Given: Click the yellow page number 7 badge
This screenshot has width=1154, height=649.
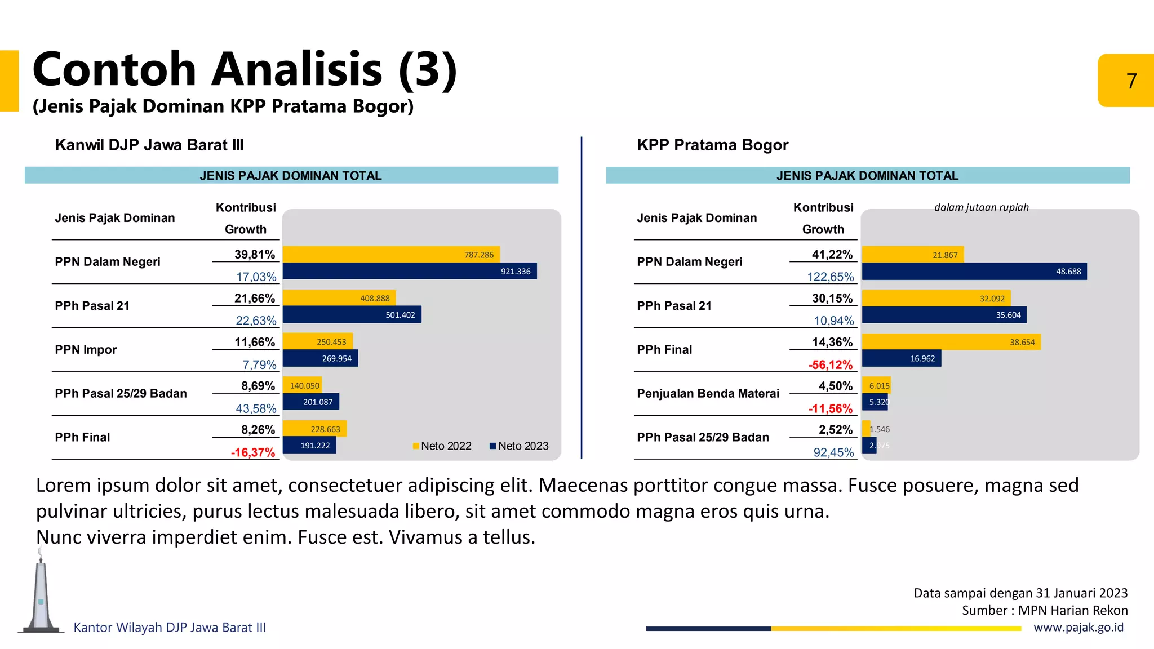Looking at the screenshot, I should pos(1126,81).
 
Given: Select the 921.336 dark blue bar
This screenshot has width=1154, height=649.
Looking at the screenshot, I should pos(409,271).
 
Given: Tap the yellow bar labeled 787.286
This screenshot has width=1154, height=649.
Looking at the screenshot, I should pos(391,255).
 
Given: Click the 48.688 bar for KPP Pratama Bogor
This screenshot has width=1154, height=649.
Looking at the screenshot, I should pos(974,271).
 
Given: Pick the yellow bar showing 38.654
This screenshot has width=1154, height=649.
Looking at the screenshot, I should pos(951,342).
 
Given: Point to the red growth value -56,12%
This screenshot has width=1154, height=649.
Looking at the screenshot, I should pos(831,364).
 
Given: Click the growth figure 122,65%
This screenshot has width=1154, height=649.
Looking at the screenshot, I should pos(831,277).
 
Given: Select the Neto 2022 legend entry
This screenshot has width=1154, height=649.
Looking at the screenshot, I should pos(442,446).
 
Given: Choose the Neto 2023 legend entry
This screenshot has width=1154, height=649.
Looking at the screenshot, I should pos(519,446).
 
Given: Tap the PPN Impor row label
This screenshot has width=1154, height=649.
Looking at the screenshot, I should pos(86,350).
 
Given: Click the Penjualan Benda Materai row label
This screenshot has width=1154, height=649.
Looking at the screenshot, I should pos(708,394).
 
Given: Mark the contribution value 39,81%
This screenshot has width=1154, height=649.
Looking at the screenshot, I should pos(255,255).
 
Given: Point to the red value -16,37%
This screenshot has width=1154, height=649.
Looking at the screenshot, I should pos(253,452).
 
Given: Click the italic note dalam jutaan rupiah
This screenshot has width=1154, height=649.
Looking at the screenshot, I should pos(981,207).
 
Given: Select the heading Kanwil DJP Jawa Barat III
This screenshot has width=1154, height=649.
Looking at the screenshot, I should pos(149,145).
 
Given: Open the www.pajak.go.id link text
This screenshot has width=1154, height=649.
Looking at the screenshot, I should pos(1078,628).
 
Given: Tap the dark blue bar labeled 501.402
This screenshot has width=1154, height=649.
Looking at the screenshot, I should pos(352,314).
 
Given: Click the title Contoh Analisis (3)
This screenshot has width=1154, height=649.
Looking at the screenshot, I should pos(245,69).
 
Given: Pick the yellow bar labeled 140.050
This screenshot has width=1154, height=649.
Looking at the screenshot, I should pos(302,385).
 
